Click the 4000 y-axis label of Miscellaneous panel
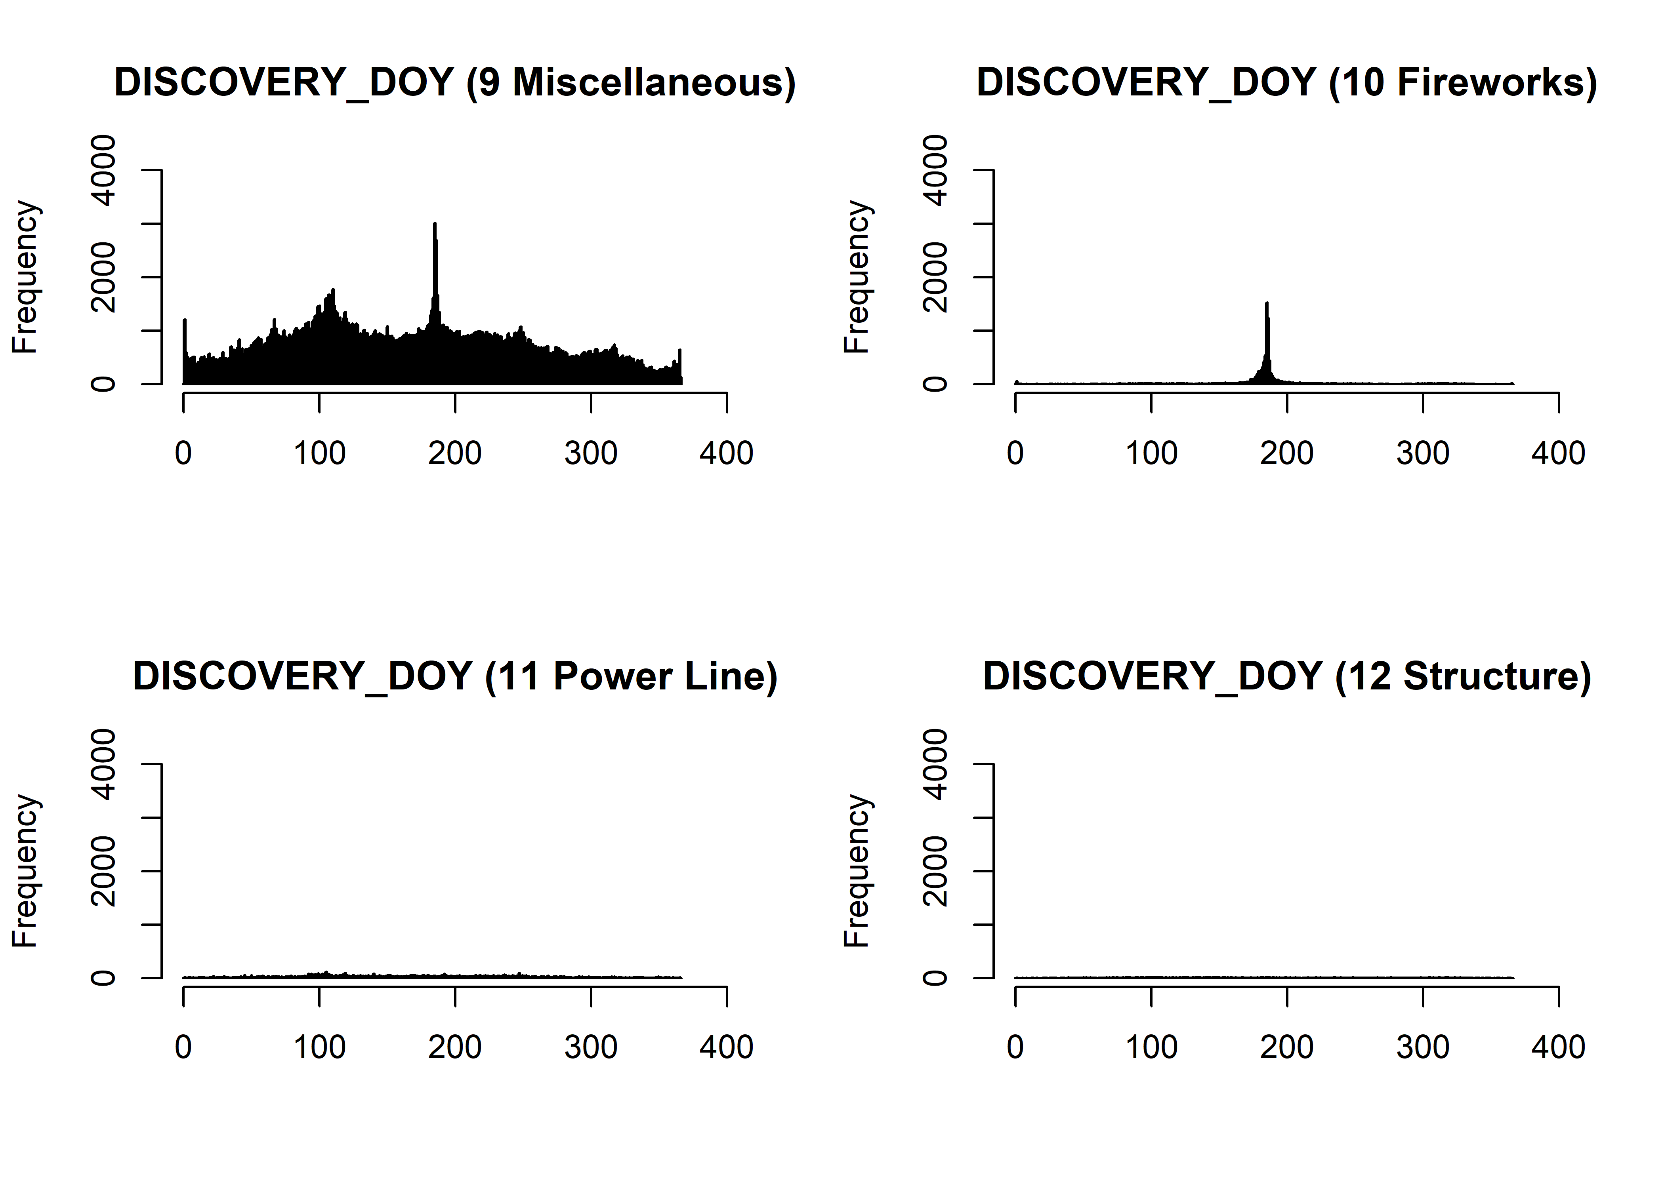(x=103, y=170)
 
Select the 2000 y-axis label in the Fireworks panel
(x=935, y=277)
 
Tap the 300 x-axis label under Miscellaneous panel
(x=591, y=453)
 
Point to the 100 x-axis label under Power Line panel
(x=319, y=1047)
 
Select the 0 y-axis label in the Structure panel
(x=935, y=978)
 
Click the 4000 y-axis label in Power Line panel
(x=103, y=764)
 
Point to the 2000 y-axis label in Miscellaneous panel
(x=103, y=277)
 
